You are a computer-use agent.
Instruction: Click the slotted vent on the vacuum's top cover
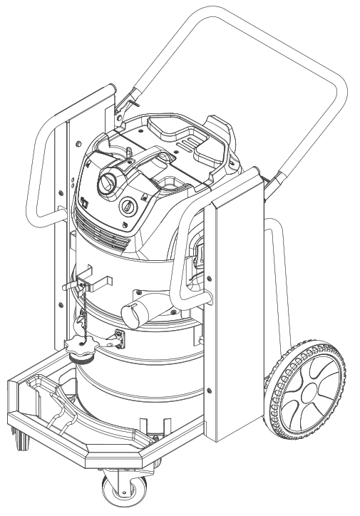[187, 144]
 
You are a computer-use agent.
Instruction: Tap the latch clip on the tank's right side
[198, 252]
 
